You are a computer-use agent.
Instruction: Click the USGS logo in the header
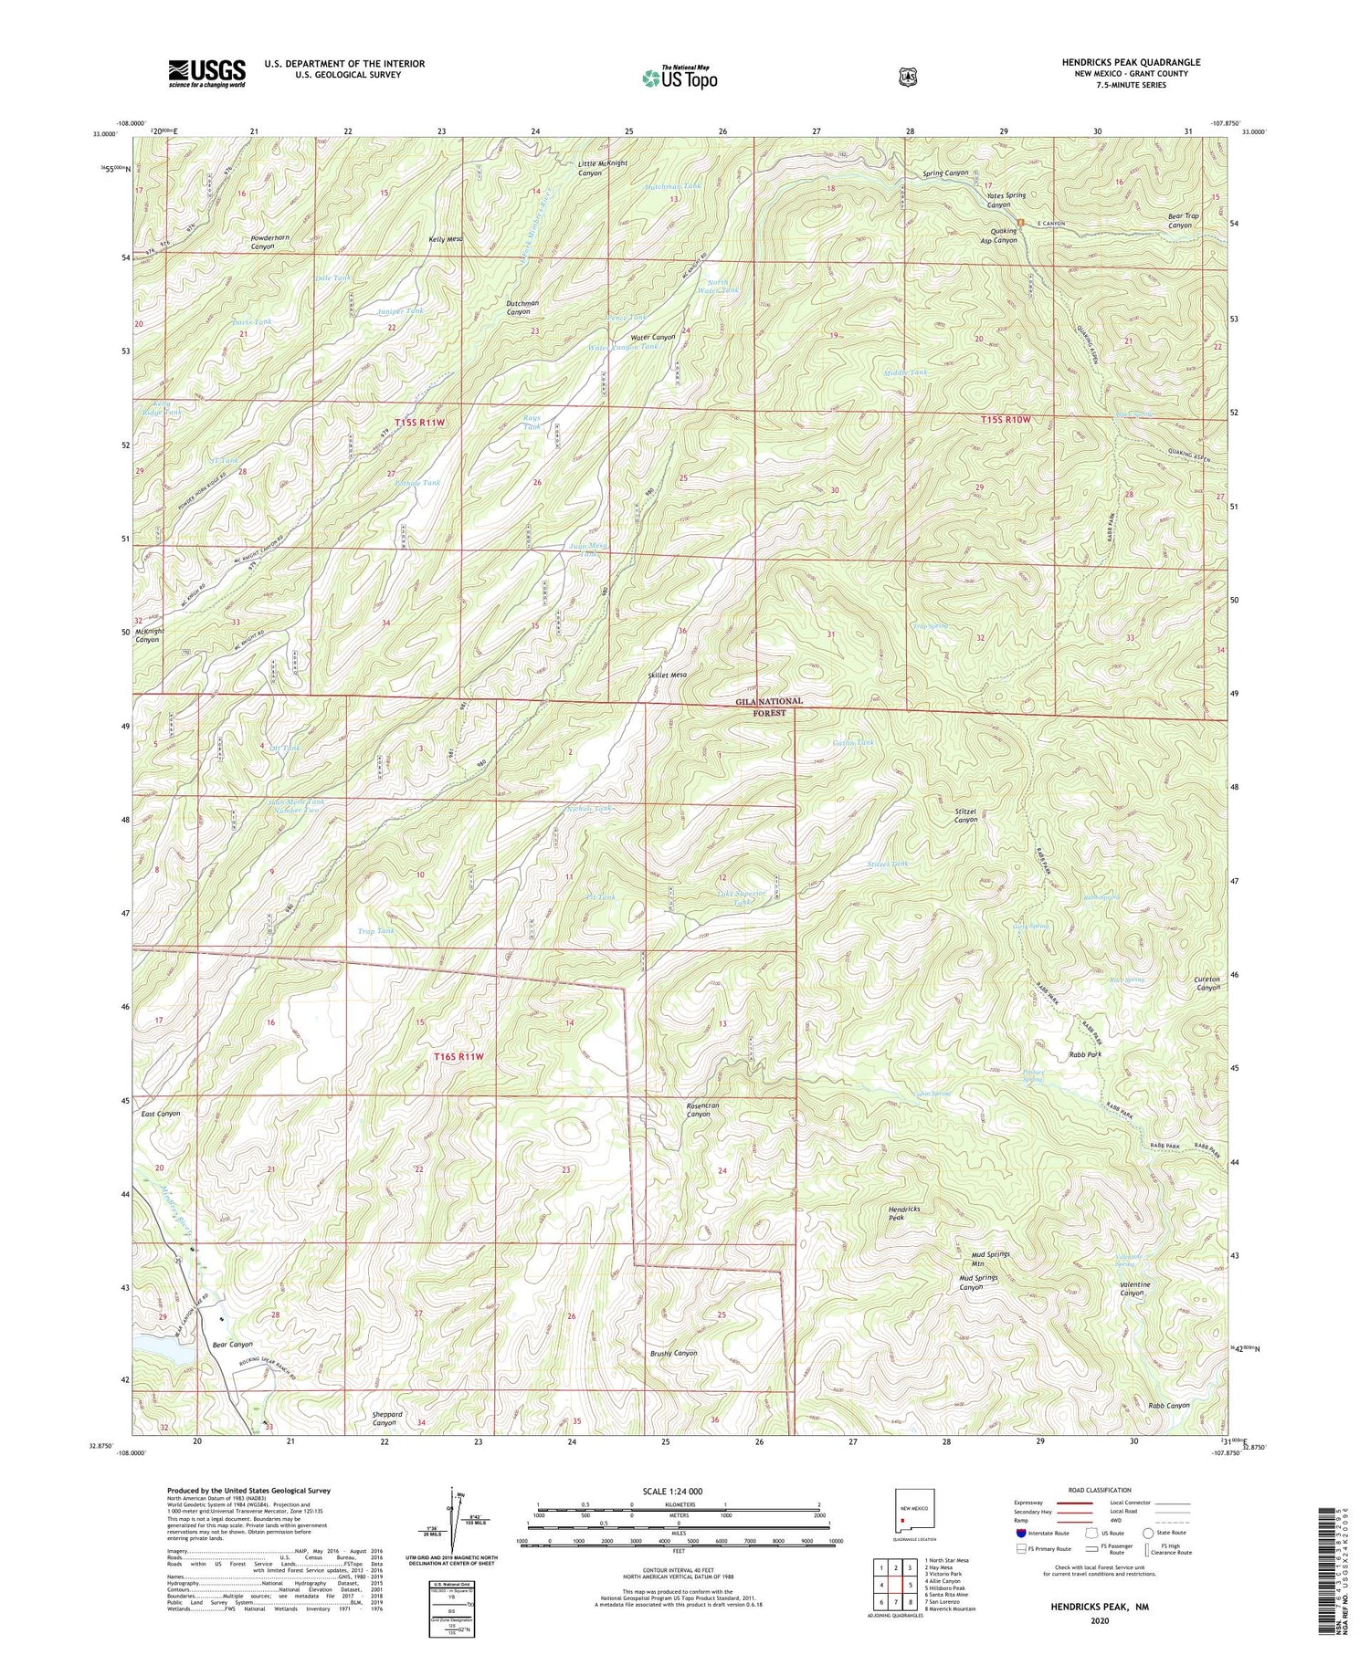(x=207, y=73)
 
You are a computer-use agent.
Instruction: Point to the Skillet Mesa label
(x=667, y=675)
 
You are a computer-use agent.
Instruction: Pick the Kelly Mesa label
(x=447, y=239)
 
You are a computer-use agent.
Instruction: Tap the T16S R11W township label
(x=457, y=1056)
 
